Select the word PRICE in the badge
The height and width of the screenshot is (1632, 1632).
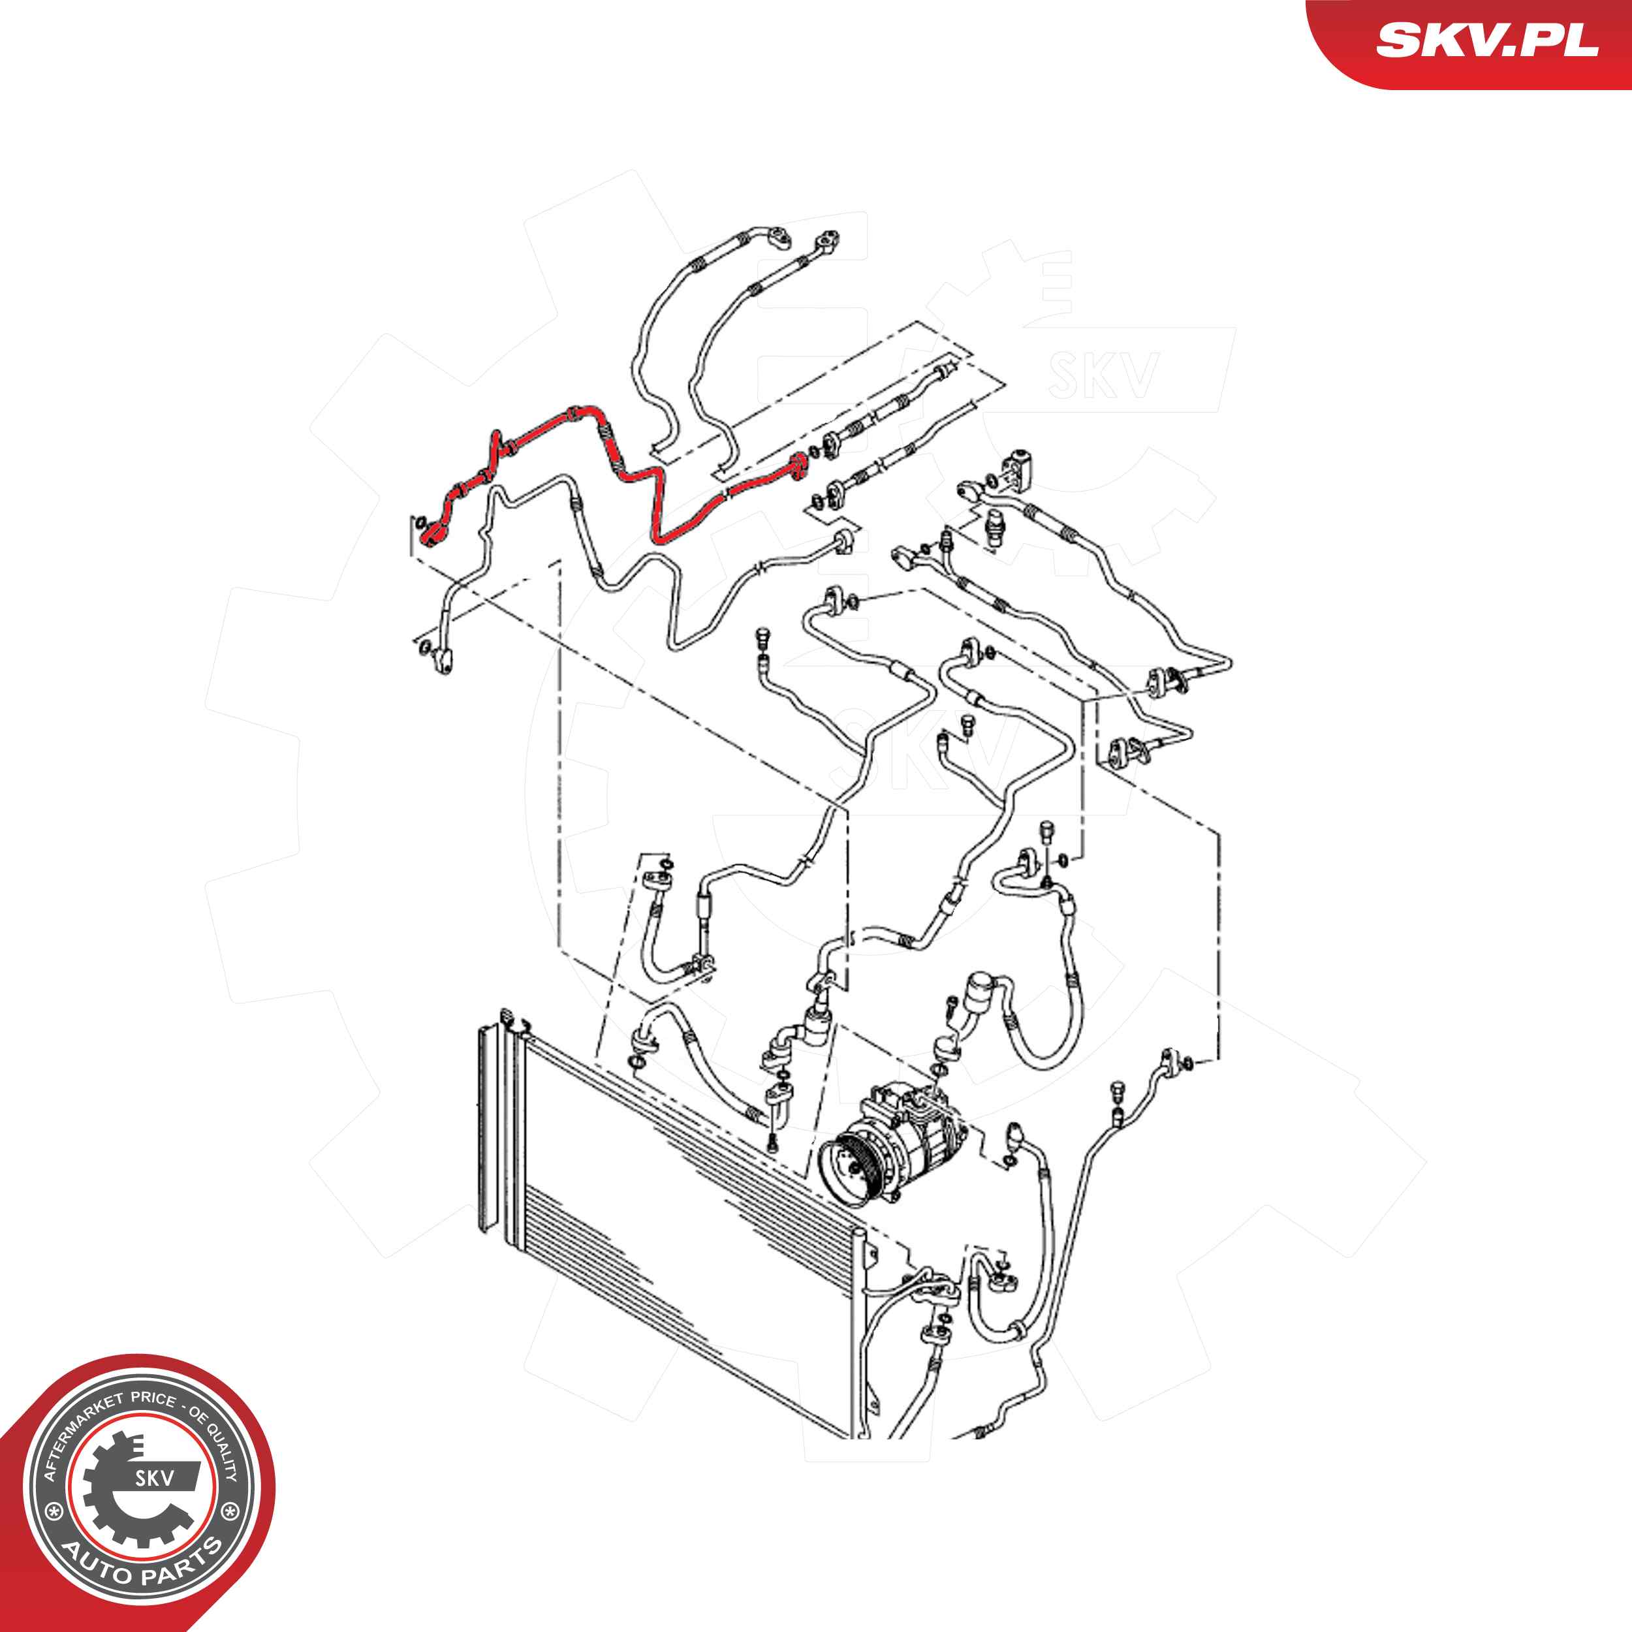tap(153, 1400)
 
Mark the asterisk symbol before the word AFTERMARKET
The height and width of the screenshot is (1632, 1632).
tap(55, 1511)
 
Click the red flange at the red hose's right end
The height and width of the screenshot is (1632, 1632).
tap(796, 466)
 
